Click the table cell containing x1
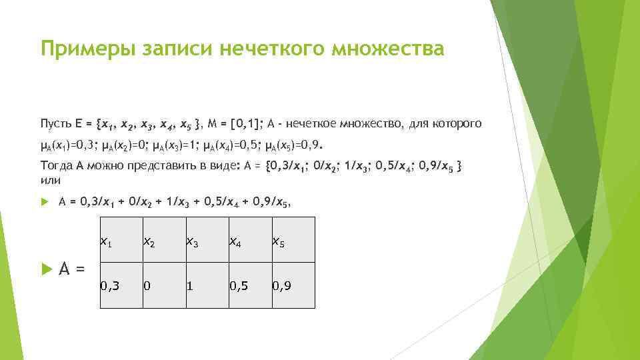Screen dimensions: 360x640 [x=121, y=240]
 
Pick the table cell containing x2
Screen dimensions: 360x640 [x=163, y=240]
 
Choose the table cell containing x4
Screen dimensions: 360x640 [x=249, y=240]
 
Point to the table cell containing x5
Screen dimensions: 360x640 [x=292, y=240]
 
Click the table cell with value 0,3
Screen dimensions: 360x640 [x=121, y=285]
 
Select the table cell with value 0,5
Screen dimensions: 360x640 [x=249, y=285]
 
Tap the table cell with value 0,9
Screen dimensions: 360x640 [x=292, y=285]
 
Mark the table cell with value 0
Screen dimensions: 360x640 [x=163, y=285]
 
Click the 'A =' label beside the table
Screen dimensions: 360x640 [x=72, y=269]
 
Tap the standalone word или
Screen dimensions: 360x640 [x=50, y=180]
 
